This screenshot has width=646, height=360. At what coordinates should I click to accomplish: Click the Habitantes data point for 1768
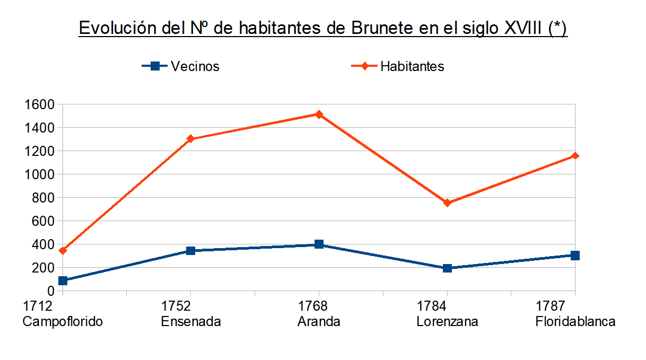tap(319, 114)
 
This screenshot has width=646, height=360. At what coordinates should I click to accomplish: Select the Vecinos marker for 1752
tap(190, 251)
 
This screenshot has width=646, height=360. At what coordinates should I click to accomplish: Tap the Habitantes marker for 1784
tap(447, 203)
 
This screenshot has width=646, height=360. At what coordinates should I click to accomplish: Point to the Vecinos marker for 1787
tap(575, 256)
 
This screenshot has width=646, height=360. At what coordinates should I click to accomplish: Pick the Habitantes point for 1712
tap(63, 250)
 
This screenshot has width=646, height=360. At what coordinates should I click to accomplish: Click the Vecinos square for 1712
tap(63, 280)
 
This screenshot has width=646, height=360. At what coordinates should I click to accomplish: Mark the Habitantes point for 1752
tap(190, 139)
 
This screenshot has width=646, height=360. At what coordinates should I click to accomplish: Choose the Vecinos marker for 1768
tap(319, 244)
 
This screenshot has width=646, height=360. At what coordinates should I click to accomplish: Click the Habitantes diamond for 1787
tap(575, 156)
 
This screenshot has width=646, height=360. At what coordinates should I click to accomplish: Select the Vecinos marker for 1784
tap(447, 268)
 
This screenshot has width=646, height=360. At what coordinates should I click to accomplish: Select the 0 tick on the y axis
tap(51, 291)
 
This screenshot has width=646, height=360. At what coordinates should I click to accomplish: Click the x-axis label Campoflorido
tap(63, 322)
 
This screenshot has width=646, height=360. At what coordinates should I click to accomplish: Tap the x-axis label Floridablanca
tap(575, 322)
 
